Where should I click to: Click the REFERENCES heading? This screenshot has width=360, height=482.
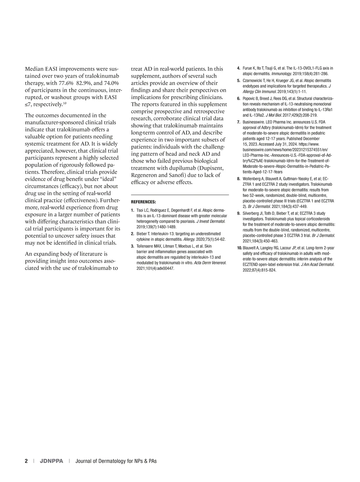[x=143, y=202]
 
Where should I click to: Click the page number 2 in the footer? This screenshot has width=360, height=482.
[x=26, y=461]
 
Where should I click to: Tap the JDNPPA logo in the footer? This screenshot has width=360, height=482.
[x=51, y=461]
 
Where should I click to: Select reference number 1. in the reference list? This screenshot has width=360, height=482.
[x=133, y=210]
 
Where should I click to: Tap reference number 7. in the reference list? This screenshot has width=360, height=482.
[x=239, y=122]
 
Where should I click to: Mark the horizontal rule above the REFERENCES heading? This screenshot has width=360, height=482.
[x=180, y=195]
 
